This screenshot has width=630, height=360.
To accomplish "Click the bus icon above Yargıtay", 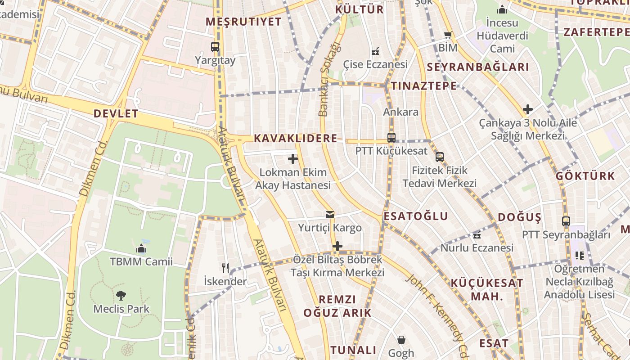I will pyautogui.click(x=215, y=46).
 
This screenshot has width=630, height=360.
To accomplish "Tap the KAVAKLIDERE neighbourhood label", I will pyautogui.click(x=296, y=138).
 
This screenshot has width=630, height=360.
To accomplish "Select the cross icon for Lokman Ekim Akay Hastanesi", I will pyautogui.click(x=293, y=159).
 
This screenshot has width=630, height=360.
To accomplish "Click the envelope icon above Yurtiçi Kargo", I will pyautogui.click(x=330, y=215).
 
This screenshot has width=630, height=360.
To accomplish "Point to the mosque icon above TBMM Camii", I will pyautogui.click(x=141, y=248).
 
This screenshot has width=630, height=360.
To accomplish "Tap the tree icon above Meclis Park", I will pyautogui.click(x=121, y=296).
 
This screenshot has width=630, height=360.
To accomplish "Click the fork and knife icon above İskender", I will pyautogui.click(x=225, y=268).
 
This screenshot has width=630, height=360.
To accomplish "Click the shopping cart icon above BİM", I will pyautogui.click(x=448, y=35).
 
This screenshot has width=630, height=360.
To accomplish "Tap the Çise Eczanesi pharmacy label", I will pyautogui.click(x=375, y=64).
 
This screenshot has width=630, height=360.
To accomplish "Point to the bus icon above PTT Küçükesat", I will pyautogui.click(x=391, y=138).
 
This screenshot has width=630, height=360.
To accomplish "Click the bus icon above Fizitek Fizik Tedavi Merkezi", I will pyautogui.click(x=440, y=157).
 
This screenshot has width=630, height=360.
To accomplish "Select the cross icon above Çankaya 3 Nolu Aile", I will pyautogui.click(x=528, y=109).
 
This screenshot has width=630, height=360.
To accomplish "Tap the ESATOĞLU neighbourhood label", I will pyautogui.click(x=416, y=216).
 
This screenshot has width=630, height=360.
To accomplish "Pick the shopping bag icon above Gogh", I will pyautogui.click(x=401, y=340).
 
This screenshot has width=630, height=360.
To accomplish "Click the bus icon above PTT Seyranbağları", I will pyautogui.click(x=566, y=221).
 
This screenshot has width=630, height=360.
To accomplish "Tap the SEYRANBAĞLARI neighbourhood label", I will pyautogui.click(x=477, y=67).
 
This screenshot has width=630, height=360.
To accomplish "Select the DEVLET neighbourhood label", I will pyautogui.click(x=116, y=113).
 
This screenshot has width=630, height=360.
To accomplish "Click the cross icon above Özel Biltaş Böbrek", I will pyautogui.click(x=337, y=246).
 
